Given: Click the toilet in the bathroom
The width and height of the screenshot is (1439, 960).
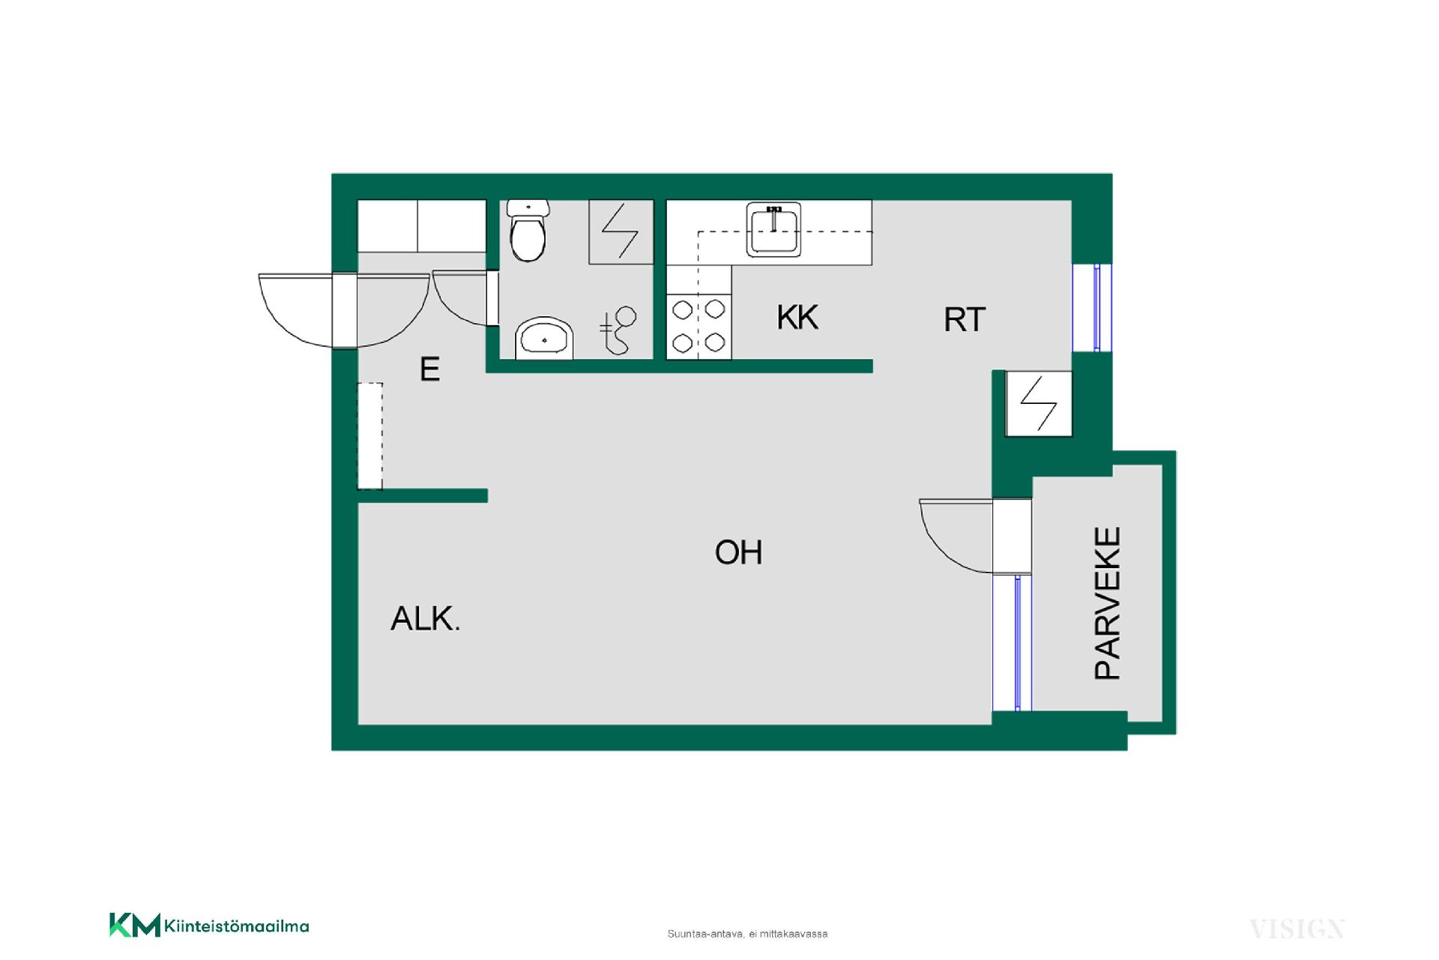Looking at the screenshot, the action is [x=528, y=230].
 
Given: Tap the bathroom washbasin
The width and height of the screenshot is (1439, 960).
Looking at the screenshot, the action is [x=544, y=339].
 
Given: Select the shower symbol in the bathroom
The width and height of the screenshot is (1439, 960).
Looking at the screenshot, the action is [x=618, y=330].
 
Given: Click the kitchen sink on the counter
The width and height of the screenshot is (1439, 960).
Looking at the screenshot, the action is [x=773, y=229].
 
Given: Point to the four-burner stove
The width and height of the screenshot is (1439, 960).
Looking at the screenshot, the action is [x=699, y=326].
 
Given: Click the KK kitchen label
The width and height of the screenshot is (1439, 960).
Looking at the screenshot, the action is [x=797, y=318].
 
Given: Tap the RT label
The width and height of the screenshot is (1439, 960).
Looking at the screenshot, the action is [x=965, y=320].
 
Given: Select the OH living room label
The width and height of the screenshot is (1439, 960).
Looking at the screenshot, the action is [x=738, y=553].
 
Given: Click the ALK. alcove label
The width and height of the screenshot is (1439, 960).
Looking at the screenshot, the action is [x=425, y=619].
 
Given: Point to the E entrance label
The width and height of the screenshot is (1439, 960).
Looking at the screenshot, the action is [x=429, y=369].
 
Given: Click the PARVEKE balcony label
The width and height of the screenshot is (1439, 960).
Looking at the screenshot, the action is [x=1108, y=603].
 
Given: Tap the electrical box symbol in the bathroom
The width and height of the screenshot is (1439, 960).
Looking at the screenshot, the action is [x=621, y=232].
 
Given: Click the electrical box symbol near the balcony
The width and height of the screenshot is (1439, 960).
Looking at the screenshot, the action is [x=1039, y=403].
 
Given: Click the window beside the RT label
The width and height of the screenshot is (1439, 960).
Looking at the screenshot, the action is [x=1093, y=307].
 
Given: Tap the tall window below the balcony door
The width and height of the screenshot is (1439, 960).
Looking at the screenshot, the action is [x=1013, y=643].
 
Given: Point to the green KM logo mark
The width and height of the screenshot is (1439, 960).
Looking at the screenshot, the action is [x=135, y=925].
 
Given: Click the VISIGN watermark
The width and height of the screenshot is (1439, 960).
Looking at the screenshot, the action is [x=1297, y=929].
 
